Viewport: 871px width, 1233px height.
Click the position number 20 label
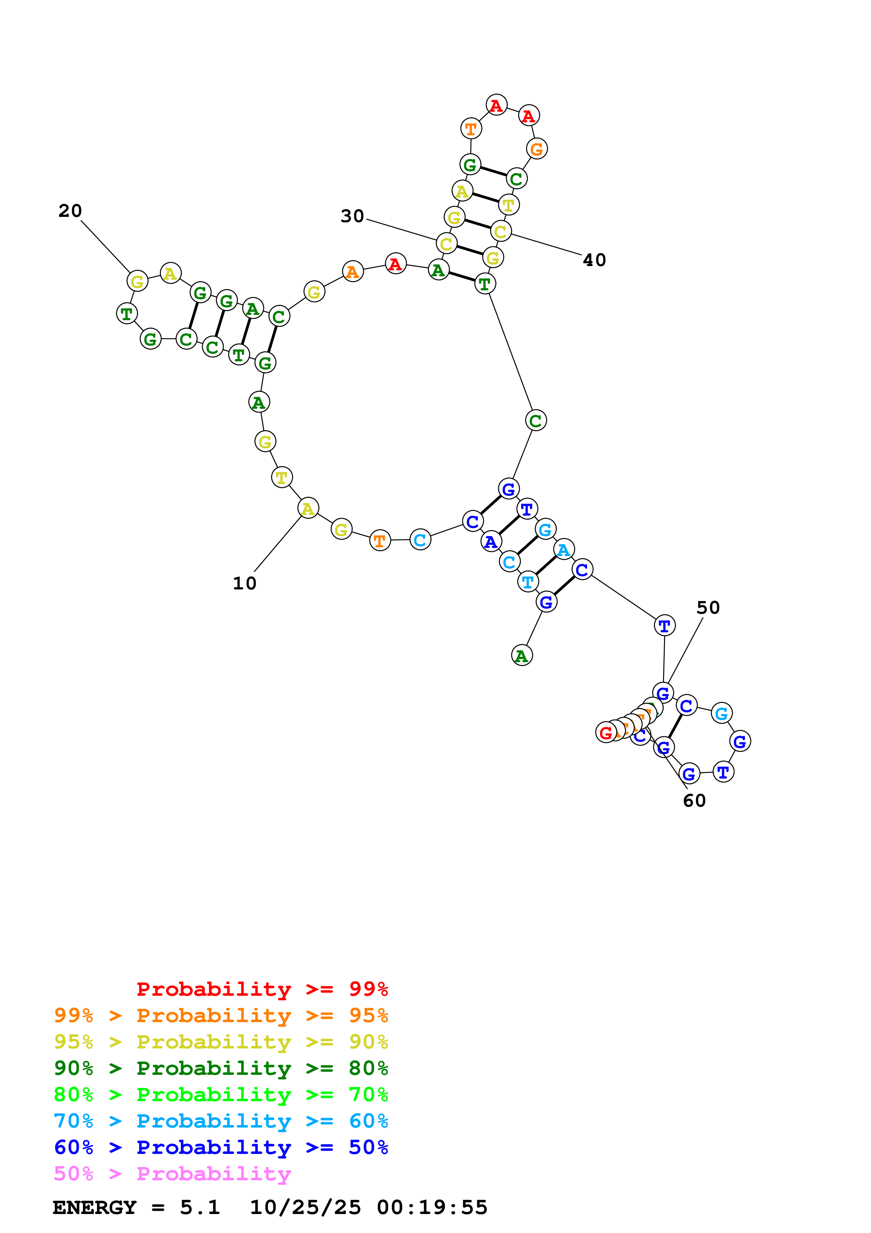[x=70, y=211]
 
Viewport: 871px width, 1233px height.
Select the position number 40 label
[x=594, y=260]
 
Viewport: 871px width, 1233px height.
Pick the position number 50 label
[x=708, y=608]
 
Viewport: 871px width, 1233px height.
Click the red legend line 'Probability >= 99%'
[x=262, y=989]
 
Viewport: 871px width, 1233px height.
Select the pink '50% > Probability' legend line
[x=172, y=1174]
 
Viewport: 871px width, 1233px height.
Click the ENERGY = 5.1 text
[x=136, y=1208]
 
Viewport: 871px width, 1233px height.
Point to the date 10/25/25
[x=305, y=1208]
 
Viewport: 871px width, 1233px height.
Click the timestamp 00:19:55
[x=432, y=1208]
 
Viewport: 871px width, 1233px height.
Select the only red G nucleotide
[x=605, y=732]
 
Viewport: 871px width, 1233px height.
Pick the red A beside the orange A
[x=396, y=264]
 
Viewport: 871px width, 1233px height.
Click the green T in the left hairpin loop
[x=126, y=314]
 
